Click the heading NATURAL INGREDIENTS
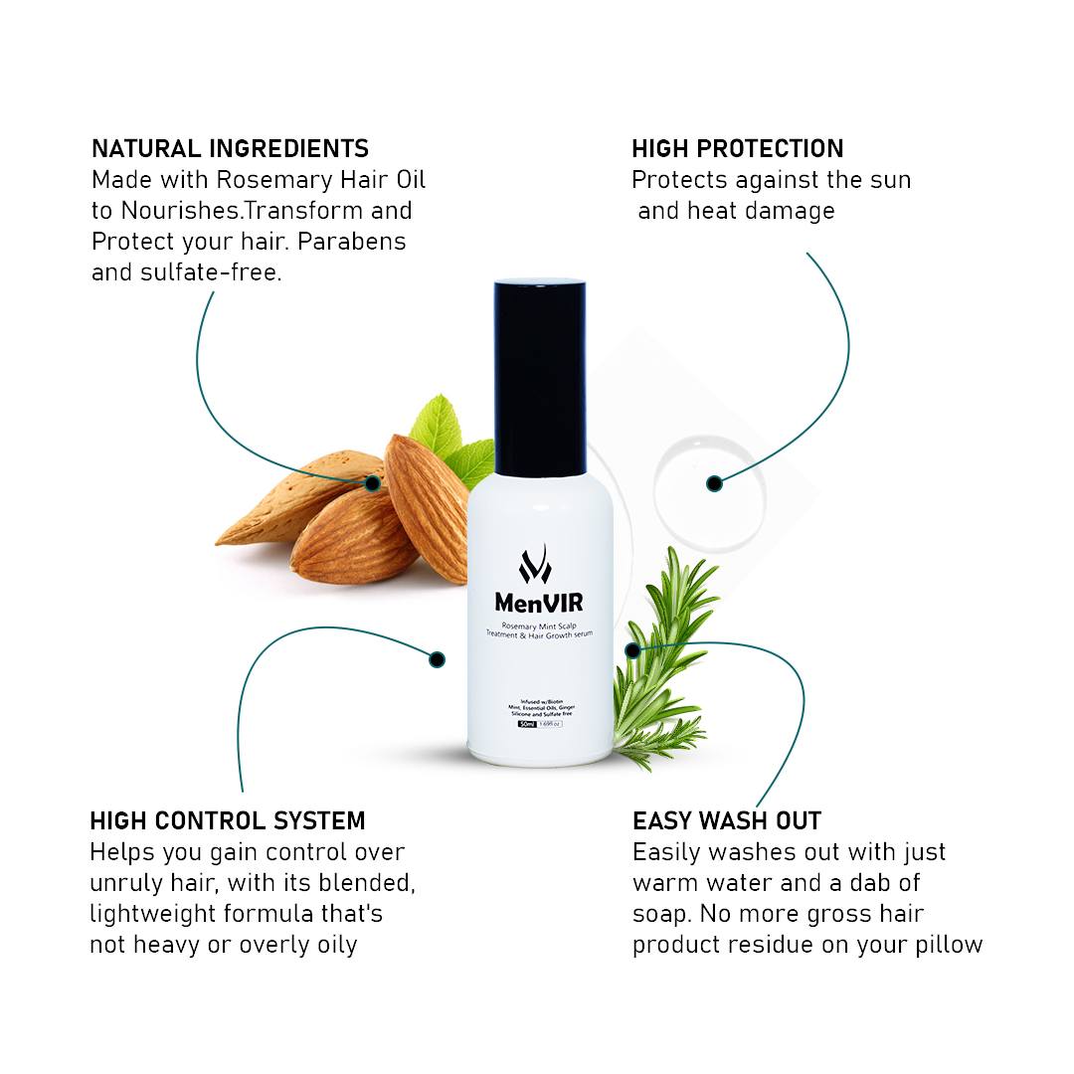coord(230,149)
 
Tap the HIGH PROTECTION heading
coord(737,149)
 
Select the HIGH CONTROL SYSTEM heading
coord(228,821)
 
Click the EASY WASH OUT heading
coord(727,821)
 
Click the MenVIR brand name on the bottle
coord(539,603)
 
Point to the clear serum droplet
coord(709,485)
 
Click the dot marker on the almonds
coord(372,483)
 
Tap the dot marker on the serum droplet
coord(714,484)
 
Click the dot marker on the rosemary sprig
coord(632,649)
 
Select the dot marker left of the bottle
coord(437,658)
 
